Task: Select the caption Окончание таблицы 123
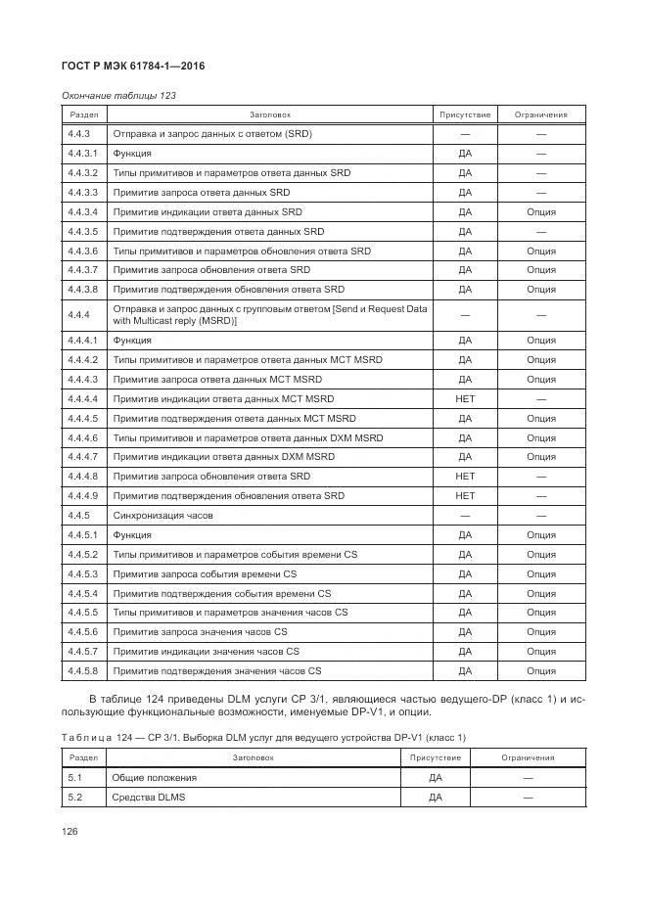pos(118,96)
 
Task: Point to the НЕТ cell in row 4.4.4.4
pos(465,399)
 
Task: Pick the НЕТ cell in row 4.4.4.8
pos(465,477)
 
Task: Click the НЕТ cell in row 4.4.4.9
pos(465,496)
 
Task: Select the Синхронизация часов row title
pos(162,516)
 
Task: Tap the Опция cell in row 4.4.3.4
pos(540,212)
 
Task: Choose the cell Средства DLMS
pos(149,798)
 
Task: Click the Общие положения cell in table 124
pos(155,778)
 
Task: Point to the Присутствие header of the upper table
pos(465,114)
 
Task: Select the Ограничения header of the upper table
pos(540,114)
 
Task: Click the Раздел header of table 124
pos(83,757)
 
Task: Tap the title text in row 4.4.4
pos(269,315)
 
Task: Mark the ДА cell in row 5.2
pos(436,798)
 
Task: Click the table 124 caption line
pos(263,737)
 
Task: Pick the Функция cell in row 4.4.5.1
pos(132,535)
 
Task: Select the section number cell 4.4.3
pos(79,134)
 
